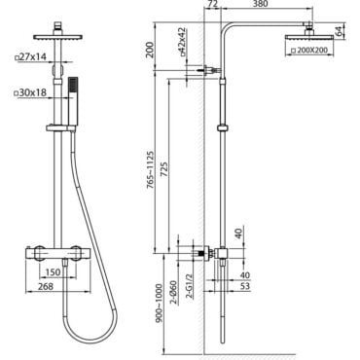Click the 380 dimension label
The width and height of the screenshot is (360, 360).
click(x=260, y=4)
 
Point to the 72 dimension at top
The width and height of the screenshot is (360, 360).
click(x=212, y=4)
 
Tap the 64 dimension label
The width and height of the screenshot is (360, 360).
click(x=338, y=31)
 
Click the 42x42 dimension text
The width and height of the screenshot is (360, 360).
click(x=183, y=41)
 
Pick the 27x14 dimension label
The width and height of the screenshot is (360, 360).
click(x=31, y=57)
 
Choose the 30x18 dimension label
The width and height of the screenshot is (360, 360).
click(x=31, y=93)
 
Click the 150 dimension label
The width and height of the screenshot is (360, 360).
click(x=53, y=271)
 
